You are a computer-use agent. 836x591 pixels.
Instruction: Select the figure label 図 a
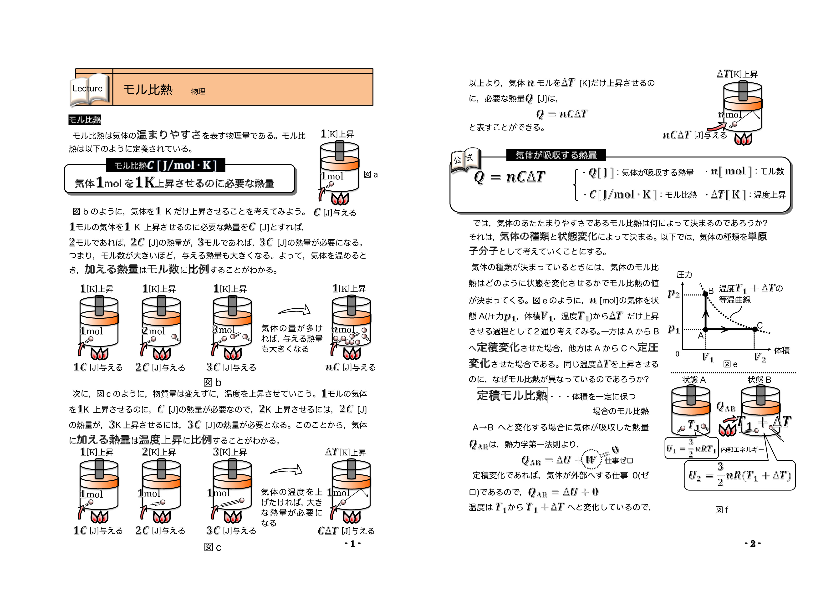coord(371,175)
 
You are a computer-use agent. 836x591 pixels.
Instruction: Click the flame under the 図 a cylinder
coord(340,199)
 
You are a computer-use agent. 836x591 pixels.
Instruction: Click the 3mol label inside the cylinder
coord(224,330)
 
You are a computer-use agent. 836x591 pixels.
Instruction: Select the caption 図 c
coord(212,548)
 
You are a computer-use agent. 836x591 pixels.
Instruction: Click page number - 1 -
coord(352,544)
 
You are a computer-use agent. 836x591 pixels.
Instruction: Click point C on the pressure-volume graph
coord(755,329)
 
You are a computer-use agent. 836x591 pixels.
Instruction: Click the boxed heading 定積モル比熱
coord(512,395)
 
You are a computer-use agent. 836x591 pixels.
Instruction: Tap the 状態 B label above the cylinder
coord(759,380)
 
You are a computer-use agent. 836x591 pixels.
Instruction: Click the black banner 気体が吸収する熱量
coord(556,155)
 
